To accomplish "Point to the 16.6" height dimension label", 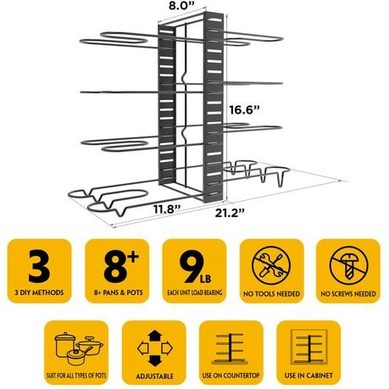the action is [x=244, y=109].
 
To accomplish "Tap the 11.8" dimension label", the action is [x=167, y=209].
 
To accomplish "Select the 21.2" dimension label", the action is [x=230, y=213].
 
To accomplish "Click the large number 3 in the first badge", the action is [x=39, y=266].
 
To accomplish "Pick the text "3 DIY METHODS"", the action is [x=39, y=292].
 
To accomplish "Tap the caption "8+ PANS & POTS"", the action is [x=119, y=292].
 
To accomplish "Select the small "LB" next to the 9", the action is [x=205, y=279].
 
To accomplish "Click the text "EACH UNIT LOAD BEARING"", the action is [x=195, y=292].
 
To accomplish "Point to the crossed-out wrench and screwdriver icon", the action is [x=271, y=265].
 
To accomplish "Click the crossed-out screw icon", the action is [x=348, y=265].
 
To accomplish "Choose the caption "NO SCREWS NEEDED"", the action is [x=348, y=294].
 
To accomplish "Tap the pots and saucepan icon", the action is [x=79, y=348].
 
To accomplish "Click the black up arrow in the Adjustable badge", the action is [x=155, y=336].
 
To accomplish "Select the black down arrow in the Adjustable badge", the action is [x=155, y=361].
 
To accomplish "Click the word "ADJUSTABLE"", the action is [x=154, y=376].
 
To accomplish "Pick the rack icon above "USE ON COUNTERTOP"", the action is [x=231, y=348].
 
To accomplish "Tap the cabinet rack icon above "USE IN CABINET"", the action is [x=309, y=347].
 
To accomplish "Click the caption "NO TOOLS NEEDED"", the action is [x=271, y=294].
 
